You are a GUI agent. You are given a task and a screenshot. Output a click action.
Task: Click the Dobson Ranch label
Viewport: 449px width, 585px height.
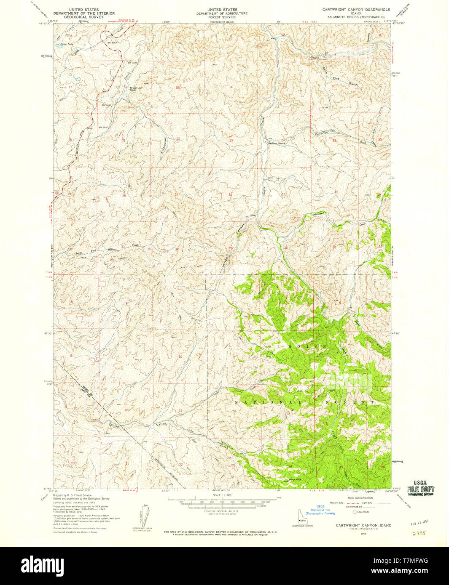277,144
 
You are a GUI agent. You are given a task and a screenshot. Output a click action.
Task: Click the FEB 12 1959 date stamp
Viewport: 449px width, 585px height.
420,524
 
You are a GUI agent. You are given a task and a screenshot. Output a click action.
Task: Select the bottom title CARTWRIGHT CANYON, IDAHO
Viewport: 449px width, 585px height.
363,525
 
